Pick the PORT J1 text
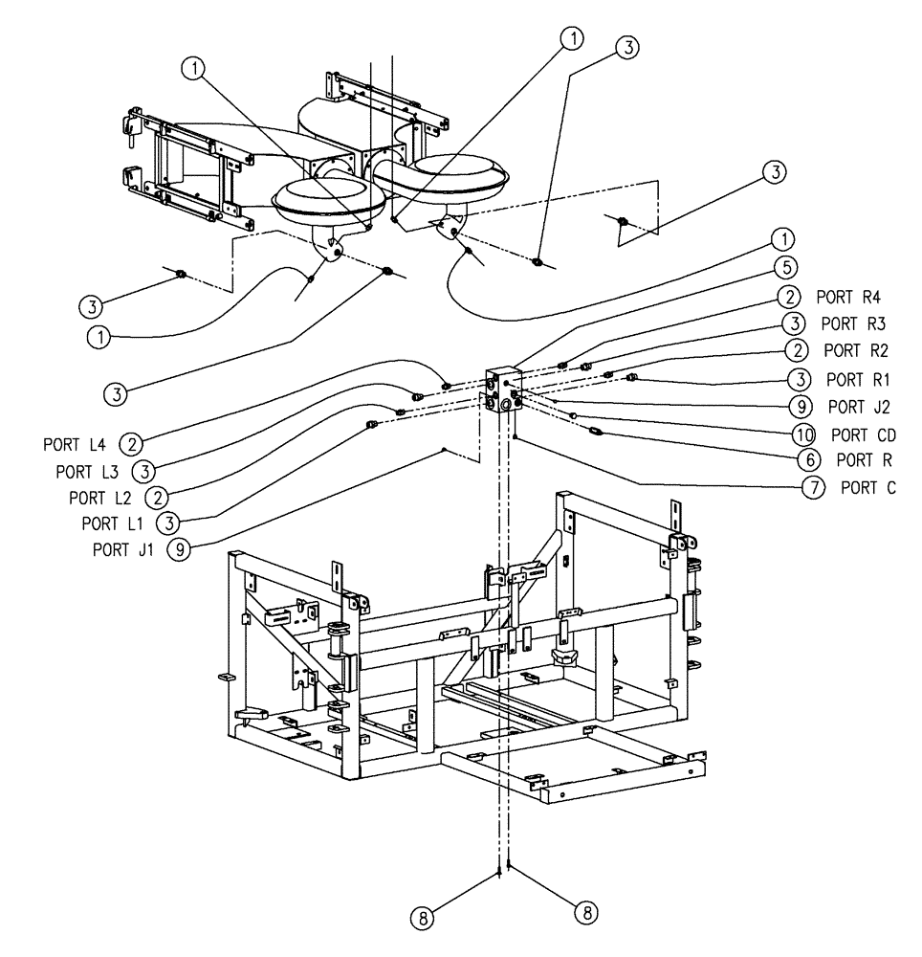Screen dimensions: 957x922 coord(122,549)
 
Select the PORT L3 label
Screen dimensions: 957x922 coord(88,471)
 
